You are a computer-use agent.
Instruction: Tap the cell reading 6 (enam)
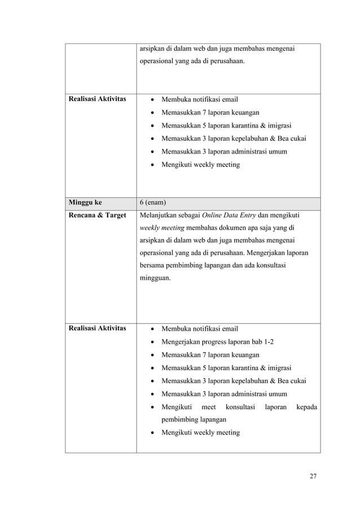[x=154, y=203]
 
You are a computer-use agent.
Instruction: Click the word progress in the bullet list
[x=217, y=342]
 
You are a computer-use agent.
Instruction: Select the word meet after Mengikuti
[x=209, y=407]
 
